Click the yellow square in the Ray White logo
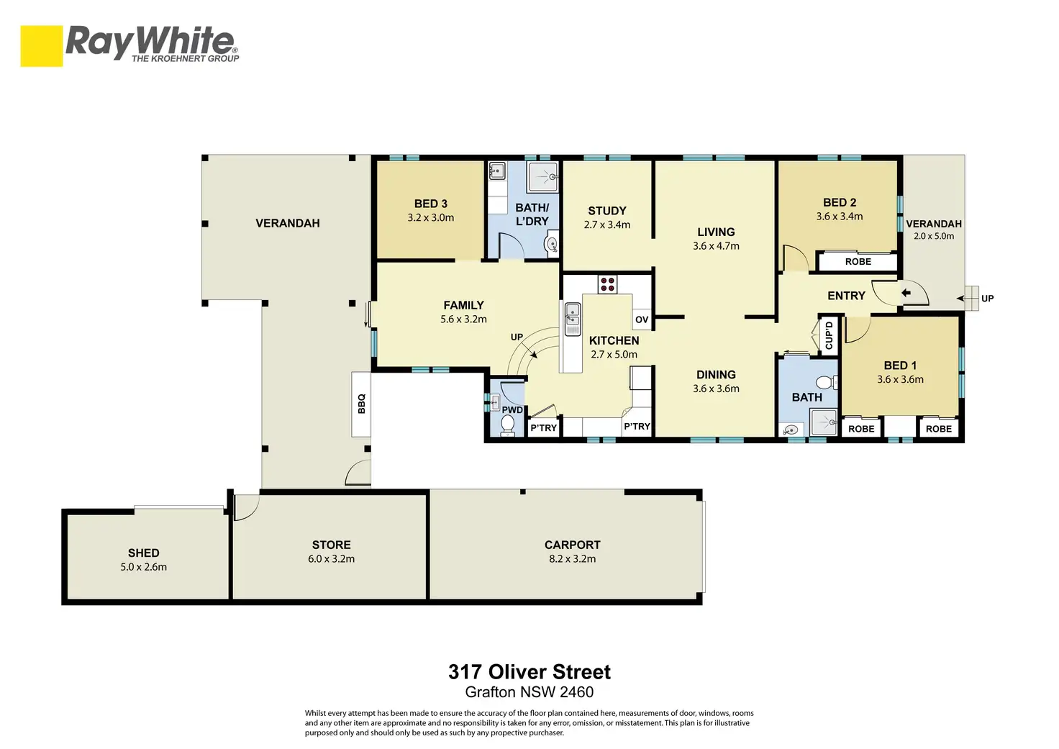point(42,46)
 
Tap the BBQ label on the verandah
point(362,404)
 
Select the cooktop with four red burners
point(607,284)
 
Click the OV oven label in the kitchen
point(642,319)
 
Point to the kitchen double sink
point(573,319)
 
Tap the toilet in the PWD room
point(507,425)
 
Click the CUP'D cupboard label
point(829,335)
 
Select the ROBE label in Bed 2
point(858,261)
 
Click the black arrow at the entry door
point(906,293)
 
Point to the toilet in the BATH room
point(827,381)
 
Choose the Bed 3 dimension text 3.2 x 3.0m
point(431,218)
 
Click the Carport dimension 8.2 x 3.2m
point(572,559)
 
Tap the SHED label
point(144,553)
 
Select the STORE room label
point(332,545)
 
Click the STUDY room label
point(607,211)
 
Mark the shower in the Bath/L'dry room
point(543,177)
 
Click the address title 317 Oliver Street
point(529,672)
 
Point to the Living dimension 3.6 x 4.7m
point(717,246)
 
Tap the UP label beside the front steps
point(988,299)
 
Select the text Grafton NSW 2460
point(529,692)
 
